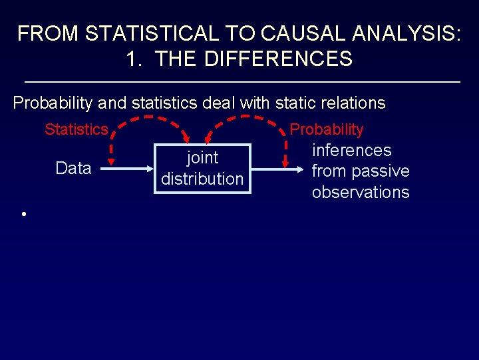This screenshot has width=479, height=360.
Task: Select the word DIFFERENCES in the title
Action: [x=278, y=59]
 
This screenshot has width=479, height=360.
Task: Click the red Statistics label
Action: [x=76, y=129]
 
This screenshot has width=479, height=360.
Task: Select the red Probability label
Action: [x=327, y=129]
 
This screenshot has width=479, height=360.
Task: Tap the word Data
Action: [x=73, y=168]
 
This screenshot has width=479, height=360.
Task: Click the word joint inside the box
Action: [x=202, y=158]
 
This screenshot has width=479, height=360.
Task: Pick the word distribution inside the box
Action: [x=202, y=179]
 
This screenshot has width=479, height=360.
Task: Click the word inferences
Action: [x=351, y=150]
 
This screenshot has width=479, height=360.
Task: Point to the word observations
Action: [x=361, y=192]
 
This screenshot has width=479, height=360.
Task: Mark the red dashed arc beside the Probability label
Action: [x=246, y=121]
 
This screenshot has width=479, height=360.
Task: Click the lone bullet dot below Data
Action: [x=23, y=214]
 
